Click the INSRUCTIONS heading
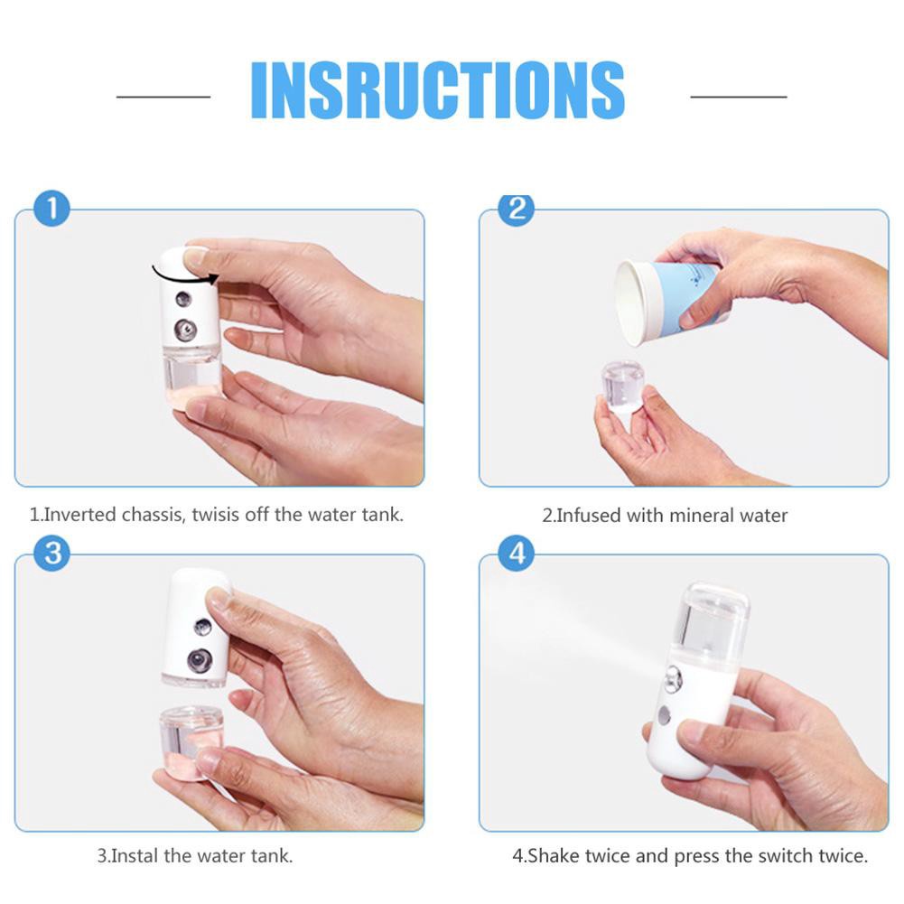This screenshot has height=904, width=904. (x=438, y=90)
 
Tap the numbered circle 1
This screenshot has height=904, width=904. (x=51, y=208)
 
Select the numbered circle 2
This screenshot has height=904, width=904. (x=517, y=209)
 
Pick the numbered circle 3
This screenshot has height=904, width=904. (x=51, y=553)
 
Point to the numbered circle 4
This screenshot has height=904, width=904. (x=517, y=553)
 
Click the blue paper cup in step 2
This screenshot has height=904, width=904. (x=669, y=302)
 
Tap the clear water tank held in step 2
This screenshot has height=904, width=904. (x=623, y=386)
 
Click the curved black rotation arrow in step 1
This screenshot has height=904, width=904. (x=184, y=277)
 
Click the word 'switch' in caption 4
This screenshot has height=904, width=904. (x=782, y=855)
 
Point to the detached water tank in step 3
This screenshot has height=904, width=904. (x=191, y=742)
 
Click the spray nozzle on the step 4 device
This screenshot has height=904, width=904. (x=673, y=680)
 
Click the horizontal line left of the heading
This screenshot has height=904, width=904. (x=163, y=97)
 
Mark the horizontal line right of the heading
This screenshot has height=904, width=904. (x=739, y=97)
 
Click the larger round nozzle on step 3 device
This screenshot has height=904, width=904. (x=200, y=660)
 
